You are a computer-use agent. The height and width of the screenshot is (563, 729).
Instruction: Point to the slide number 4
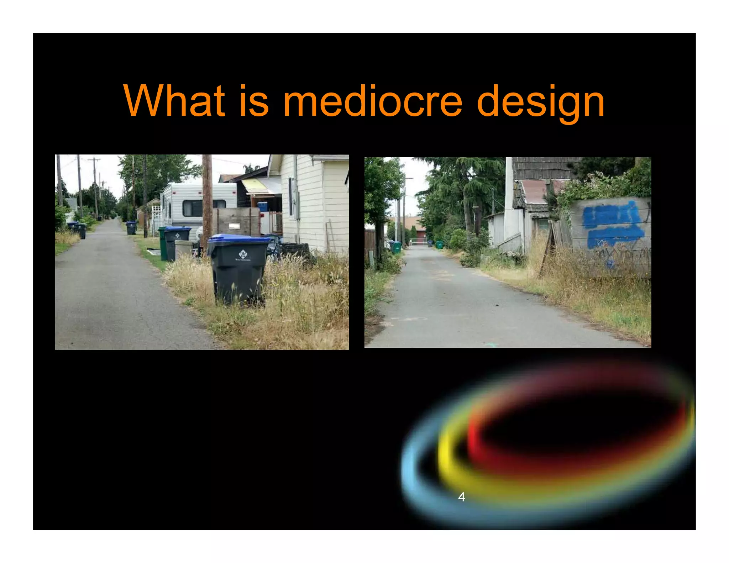coord(461,497)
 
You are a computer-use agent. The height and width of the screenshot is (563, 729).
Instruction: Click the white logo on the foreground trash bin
coord(243,255)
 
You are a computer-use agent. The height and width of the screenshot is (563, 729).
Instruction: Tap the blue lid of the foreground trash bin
coord(238,238)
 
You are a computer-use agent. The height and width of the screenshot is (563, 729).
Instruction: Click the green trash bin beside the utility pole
coord(163,244)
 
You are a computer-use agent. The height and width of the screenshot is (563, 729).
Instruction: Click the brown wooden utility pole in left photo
coord(207,199)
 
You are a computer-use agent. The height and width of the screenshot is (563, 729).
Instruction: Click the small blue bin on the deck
coord(262,206)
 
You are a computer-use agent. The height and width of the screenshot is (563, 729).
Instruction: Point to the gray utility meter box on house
coord(295,205)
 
